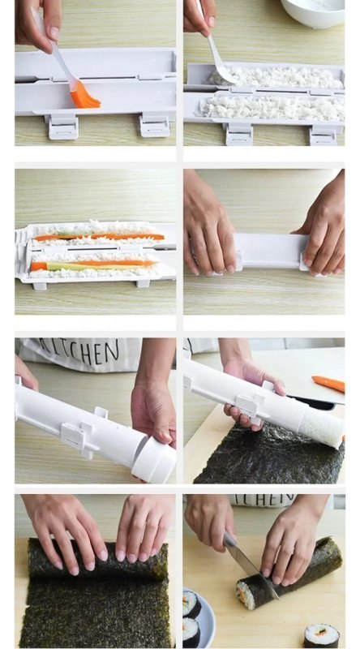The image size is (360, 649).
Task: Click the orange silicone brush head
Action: [x=84, y=97]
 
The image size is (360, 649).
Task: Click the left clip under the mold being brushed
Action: [x=62, y=126]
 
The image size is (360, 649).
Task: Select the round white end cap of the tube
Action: [x=155, y=459]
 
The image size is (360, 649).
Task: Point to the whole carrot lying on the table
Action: [x=328, y=383]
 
